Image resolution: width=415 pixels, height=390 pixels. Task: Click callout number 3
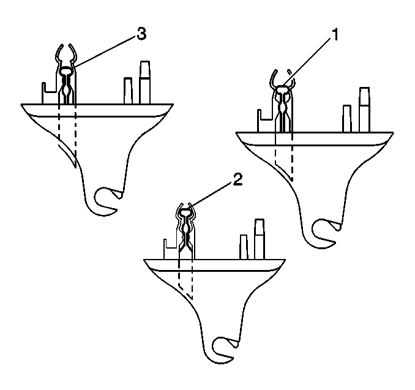pyautogui.click(x=141, y=34)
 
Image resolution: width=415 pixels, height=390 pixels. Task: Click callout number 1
pyautogui.click(x=335, y=35)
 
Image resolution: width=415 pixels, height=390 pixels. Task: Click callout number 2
pyautogui.click(x=237, y=180)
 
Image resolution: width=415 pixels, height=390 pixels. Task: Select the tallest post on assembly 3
pyautogui.click(x=145, y=82)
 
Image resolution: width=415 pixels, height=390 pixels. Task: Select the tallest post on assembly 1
pyautogui.click(x=364, y=110)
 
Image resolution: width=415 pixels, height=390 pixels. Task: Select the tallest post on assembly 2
pyautogui.click(x=260, y=239)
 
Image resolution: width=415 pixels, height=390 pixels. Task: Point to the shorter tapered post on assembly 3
pyautogui.click(x=128, y=91)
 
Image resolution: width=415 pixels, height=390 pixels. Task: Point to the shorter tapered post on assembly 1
pyautogui.click(x=347, y=119)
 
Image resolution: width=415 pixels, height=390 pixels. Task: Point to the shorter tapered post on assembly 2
pyautogui.click(x=244, y=247)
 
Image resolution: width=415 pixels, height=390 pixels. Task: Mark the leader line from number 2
pyautogui.click(x=211, y=194)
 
